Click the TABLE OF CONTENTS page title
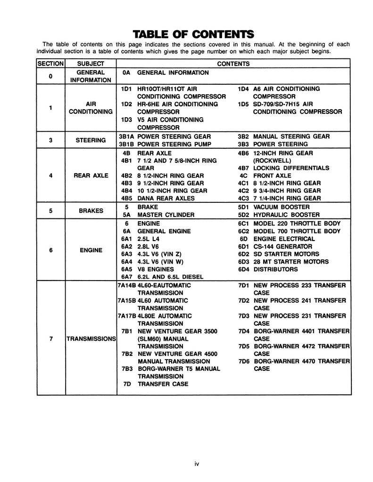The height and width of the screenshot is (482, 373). coord(193,34)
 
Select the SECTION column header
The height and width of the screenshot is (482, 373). coord(50,63)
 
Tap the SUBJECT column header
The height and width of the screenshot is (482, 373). coord(91,63)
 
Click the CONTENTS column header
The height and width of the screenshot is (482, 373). coord(233,63)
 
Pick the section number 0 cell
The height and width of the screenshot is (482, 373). coord(50,76)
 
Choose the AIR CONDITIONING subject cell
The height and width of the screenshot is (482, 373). coord(91,108)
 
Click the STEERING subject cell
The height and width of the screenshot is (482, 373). coord(91,140)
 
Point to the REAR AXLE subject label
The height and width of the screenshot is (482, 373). coord(91,176)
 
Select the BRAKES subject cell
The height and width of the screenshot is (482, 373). coord(91,211)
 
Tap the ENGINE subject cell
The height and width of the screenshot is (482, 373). coord(91,250)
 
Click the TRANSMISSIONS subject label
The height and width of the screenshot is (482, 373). coord(91,338)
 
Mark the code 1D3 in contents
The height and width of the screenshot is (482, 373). coord(126,120)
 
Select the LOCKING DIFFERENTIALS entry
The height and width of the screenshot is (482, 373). coord(291,168)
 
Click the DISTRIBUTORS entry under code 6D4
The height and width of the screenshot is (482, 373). coord(275,269)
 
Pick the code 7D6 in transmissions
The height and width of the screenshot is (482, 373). coord(244,361)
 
